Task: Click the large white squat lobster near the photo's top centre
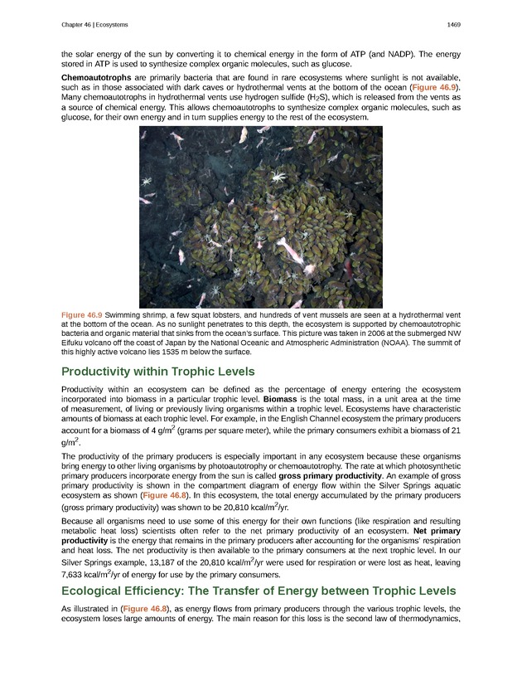tap(279, 176)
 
